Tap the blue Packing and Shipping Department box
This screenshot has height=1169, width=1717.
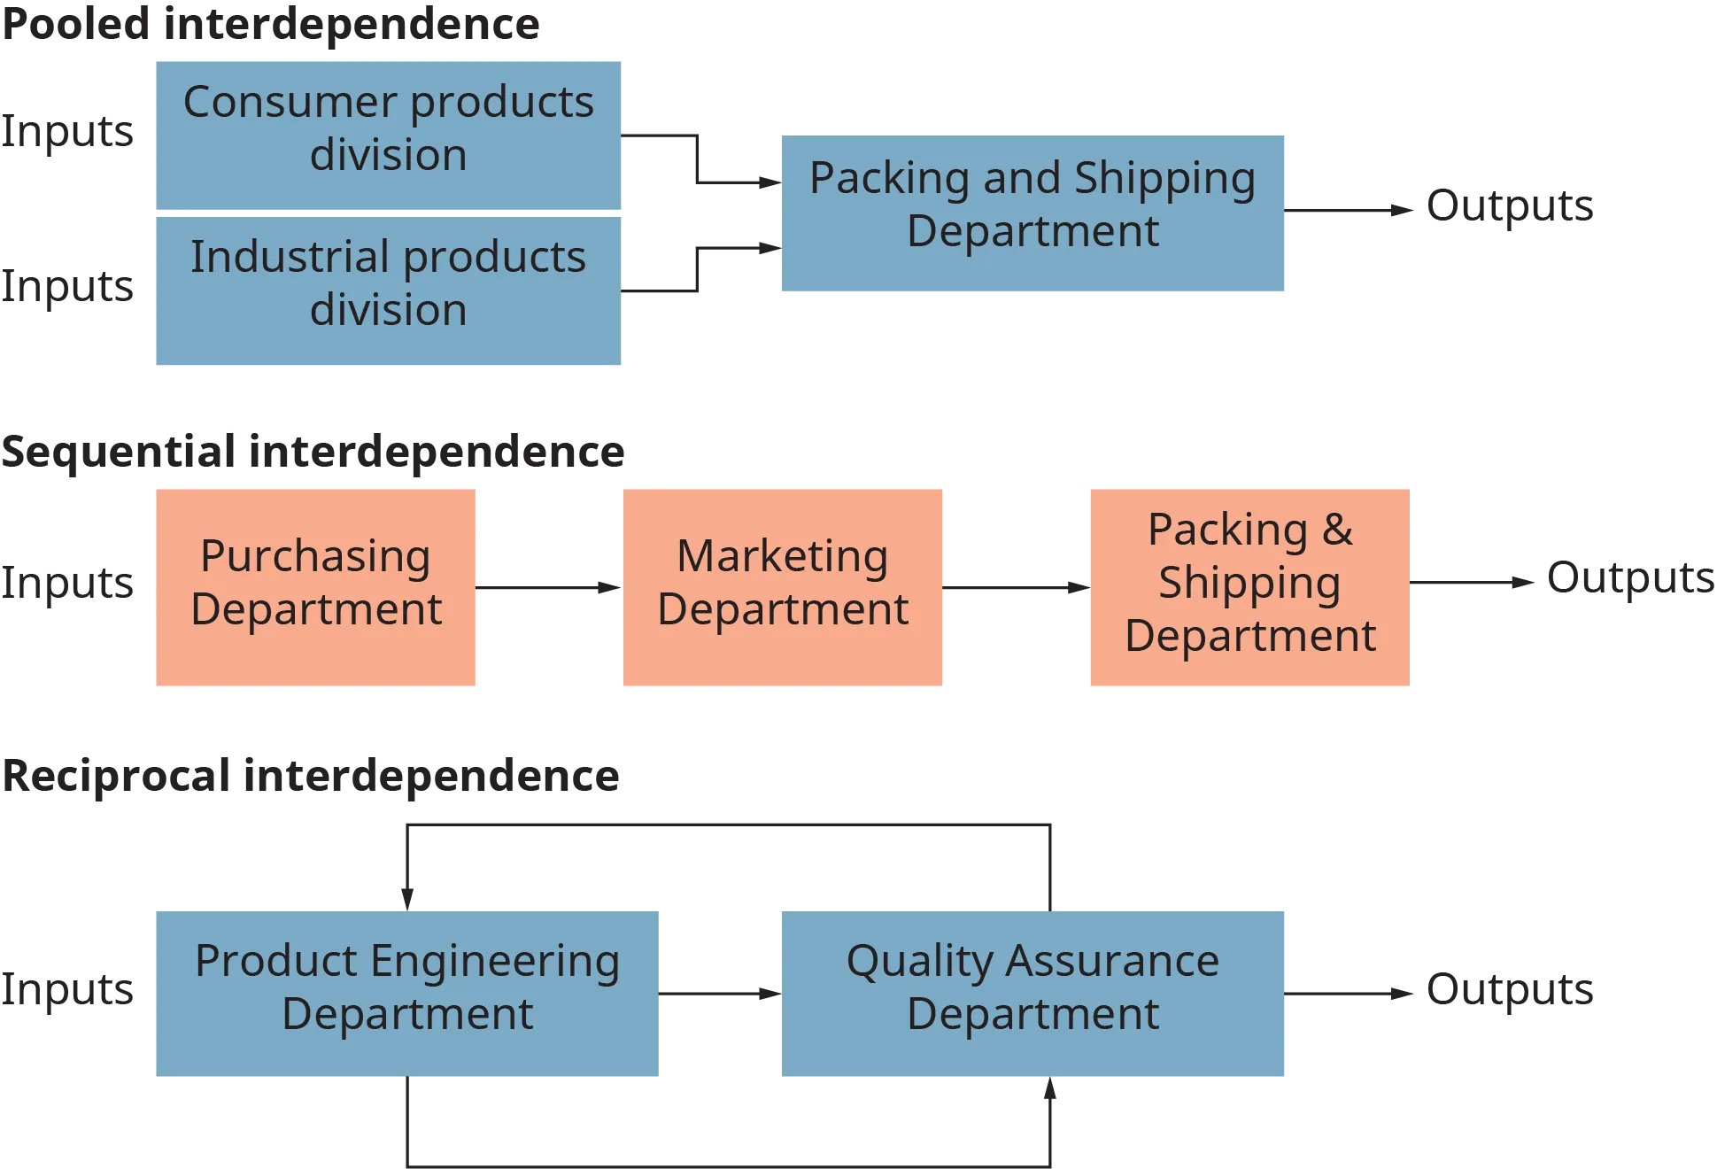pyautogui.click(x=1033, y=214)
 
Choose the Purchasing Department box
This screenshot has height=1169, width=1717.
pyautogui.click(x=317, y=586)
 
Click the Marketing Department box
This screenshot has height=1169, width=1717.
pyautogui.click(x=785, y=586)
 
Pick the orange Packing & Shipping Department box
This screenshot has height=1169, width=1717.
pyautogui.click(x=1247, y=586)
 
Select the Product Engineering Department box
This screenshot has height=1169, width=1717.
pyautogui.click(x=406, y=991)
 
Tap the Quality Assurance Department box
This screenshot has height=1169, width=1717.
pyautogui.click(x=1033, y=991)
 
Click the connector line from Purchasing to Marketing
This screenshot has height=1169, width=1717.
pyautogui.click(x=551, y=587)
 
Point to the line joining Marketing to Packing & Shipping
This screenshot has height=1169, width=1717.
pyautogui.click(x=1016, y=587)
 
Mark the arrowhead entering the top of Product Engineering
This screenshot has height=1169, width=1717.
pyautogui.click(x=407, y=894)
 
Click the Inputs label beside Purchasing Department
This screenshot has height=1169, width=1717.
pyautogui.click(x=67, y=584)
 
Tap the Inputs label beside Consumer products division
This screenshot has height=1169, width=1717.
pyautogui.click(x=67, y=134)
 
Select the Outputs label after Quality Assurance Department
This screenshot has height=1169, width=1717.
pyautogui.click(x=1508, y=990)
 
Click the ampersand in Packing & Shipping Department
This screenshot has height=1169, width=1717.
pyautogui.click(x=1337, y=530)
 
